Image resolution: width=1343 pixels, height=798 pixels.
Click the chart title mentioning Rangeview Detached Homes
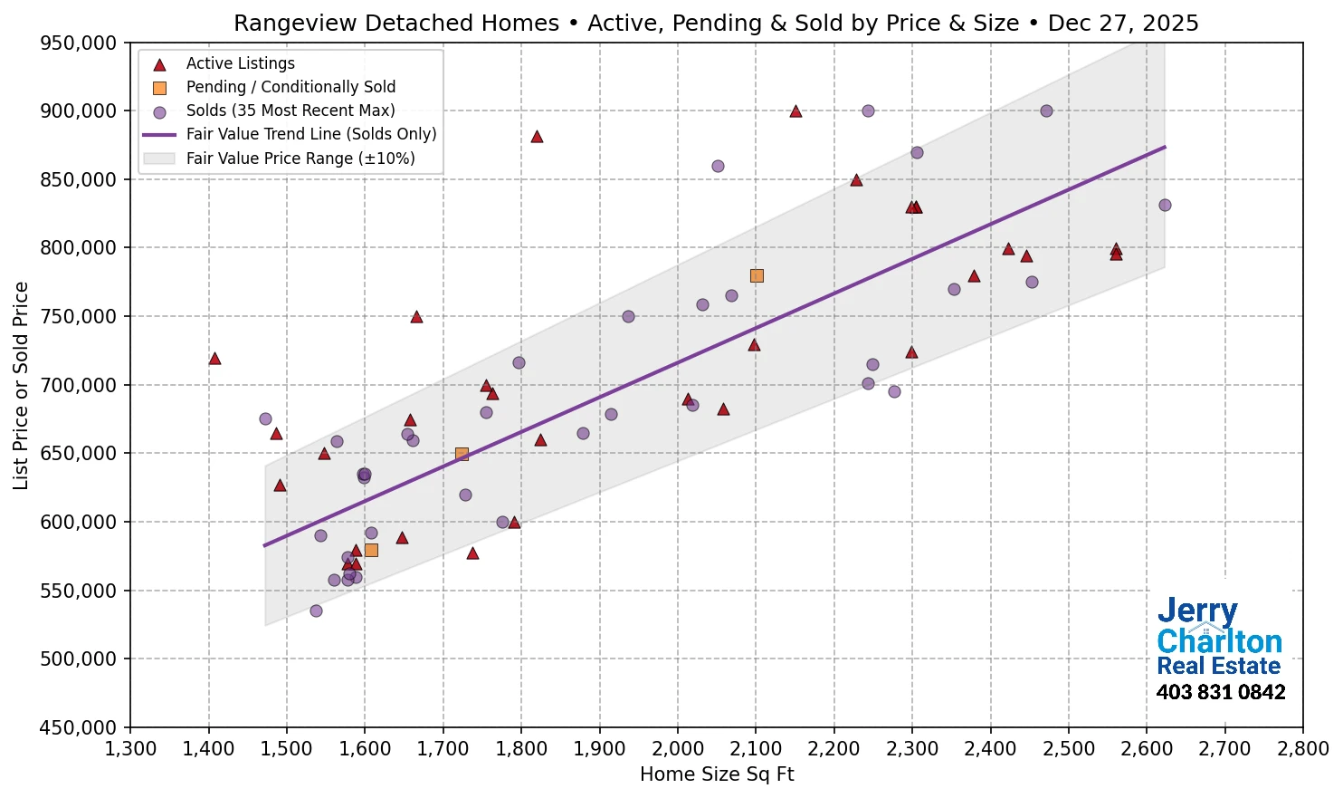pyautogui.click(x=716, y=23)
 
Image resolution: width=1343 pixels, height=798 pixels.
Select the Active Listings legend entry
pyautogui.click(x=240, y=63)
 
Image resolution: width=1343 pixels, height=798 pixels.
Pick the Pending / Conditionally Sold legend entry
pyautogui.click(x=291, y=87)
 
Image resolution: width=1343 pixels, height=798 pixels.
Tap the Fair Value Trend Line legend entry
pyautogui.click(x=310, y=134)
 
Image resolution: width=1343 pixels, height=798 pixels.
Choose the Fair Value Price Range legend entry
pyautogui.click(x=300, y=159)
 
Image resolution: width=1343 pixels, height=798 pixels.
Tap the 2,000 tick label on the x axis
pyautogui.click(x=677, y=749)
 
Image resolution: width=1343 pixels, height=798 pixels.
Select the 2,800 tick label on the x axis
pyautogui.click(x=1302, y=749)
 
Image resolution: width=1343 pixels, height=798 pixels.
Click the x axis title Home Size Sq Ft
pyautogui.click(x=716, y=774)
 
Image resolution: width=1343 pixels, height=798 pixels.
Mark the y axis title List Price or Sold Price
pyautogui.click(x=21, y=385)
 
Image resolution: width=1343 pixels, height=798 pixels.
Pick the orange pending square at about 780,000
pyautogui.click(x=757, y=275)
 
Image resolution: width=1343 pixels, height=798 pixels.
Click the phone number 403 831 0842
pyautogui.click(x=1220, y=692)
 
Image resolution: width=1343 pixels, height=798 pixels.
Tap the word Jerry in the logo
pyautogui.click(x=1196, y=611)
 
